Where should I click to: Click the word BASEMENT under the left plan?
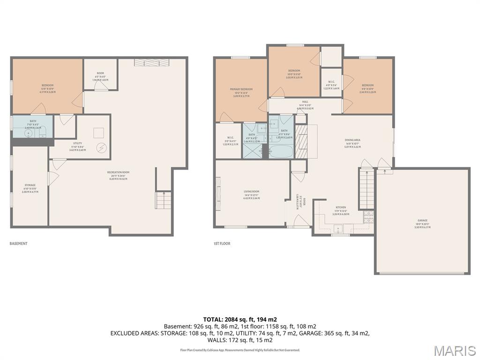[x=19, y=244]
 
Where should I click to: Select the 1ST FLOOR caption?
[x=222, y=244]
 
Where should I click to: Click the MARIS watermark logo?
[x=454, y=350]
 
